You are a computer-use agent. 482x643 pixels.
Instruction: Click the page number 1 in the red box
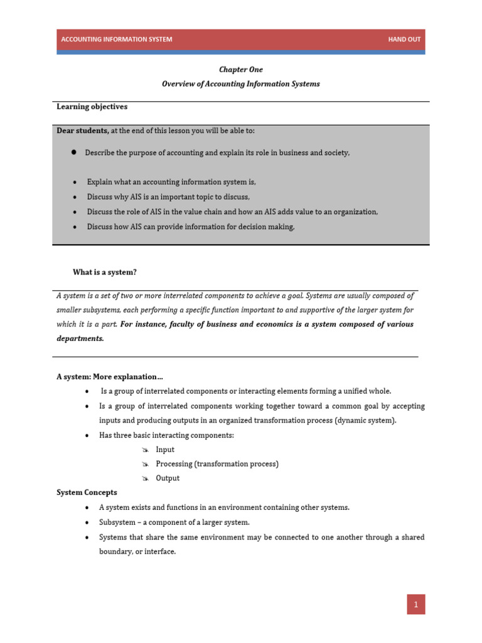click(415, 605)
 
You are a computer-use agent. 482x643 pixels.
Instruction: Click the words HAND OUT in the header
click(404, 40)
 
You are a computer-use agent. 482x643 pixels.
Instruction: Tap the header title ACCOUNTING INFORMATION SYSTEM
click(116, 40)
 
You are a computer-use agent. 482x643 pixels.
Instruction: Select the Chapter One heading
click(241, 70)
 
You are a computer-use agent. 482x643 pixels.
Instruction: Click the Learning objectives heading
click(92, 107)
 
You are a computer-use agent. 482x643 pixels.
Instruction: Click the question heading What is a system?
click(104, 272)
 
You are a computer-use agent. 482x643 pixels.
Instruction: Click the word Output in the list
click(168, 478)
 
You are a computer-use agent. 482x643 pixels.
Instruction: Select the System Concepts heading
click(87, 492)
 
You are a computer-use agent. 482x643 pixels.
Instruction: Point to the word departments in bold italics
click(80, 338)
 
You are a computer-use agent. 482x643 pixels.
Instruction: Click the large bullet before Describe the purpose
click(73, 153)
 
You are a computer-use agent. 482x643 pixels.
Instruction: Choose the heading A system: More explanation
click(110, 377)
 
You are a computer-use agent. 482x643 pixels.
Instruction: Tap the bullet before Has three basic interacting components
click(86, 435)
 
